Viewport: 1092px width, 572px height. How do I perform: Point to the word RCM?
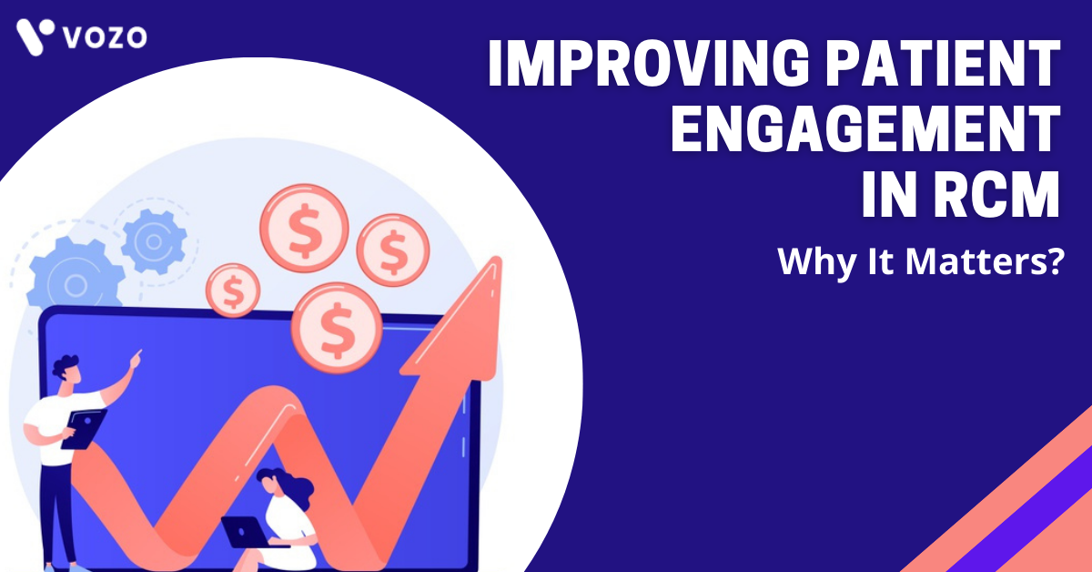996,193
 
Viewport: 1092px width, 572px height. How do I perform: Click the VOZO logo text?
105,37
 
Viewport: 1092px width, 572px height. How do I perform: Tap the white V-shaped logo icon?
35,36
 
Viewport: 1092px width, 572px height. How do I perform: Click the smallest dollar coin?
233,291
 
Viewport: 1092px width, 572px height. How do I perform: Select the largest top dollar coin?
304,229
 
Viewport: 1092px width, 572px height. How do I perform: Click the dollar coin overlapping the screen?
337,328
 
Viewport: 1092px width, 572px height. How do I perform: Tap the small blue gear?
154,241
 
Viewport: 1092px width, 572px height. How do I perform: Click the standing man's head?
66,370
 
